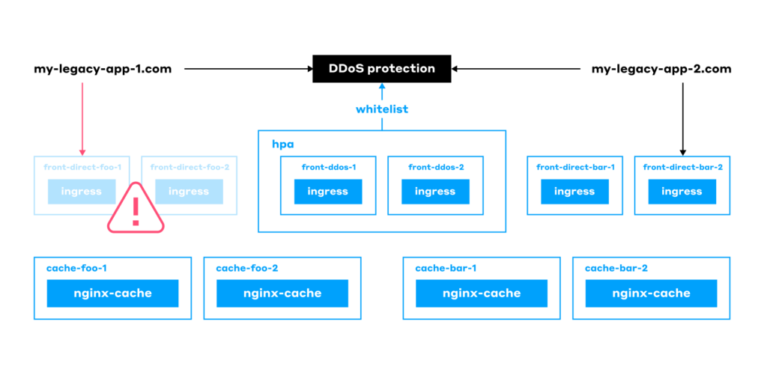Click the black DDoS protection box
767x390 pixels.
coord(382,69)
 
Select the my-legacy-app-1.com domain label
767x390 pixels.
coord(103,69)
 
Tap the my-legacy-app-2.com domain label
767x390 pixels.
coord(661,69)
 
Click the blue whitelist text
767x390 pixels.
coord(382,109)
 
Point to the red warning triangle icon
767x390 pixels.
coord(136,209)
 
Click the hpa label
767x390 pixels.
coord(282,143)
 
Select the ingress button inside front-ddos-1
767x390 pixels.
coord(328,192)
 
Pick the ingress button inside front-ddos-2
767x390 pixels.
coord(435,192)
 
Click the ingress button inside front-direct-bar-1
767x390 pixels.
coord(575,192)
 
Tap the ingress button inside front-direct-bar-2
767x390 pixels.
coord(682,192)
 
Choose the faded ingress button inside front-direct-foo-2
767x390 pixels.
coord(189,192)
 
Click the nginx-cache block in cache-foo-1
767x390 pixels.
coord(113,293)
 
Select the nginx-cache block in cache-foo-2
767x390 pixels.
coord(282,293)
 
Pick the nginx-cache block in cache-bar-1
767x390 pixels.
coord(482,293)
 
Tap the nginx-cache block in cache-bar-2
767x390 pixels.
coord(651,293)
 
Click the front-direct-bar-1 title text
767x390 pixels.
coord(575,168)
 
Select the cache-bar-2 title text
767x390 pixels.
coord(616,268)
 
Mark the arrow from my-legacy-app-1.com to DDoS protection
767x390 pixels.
coord(247,69)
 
